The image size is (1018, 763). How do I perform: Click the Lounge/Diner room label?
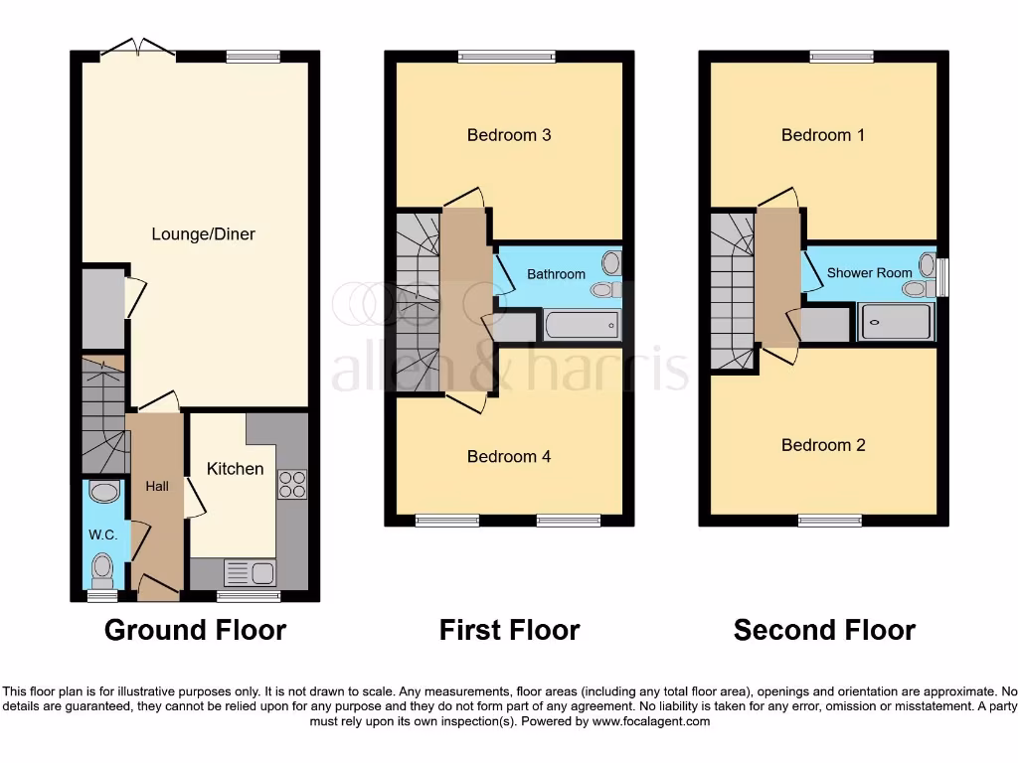coord(203,234)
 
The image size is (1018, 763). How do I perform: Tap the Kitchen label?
coord(235,468)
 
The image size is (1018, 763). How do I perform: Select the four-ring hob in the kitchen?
coord(292,484)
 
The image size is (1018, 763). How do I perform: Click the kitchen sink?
coord(250,573)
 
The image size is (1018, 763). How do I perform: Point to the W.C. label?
coord(103,534)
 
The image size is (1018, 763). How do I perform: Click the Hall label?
coord(157,486)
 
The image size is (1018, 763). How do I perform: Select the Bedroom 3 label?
coord(509,135)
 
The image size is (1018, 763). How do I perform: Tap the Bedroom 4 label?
coord(509,456)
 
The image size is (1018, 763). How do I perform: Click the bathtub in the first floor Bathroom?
coord(581,325)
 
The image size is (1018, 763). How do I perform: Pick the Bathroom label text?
coord(556,273)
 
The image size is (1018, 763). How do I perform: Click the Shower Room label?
coord(869,272)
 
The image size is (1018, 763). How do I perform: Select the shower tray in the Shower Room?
coord(896,322)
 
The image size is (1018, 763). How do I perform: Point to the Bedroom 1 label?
coord(823,135)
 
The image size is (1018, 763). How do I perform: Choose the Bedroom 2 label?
coord(823,444)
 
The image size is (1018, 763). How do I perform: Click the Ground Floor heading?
coord(195,630)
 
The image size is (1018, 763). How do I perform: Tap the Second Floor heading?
coord(824,630)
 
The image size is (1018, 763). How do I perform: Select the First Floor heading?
coord(509,630)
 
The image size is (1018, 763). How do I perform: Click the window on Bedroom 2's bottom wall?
coord(829,520)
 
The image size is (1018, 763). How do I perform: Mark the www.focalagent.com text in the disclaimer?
coord(650,721)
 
